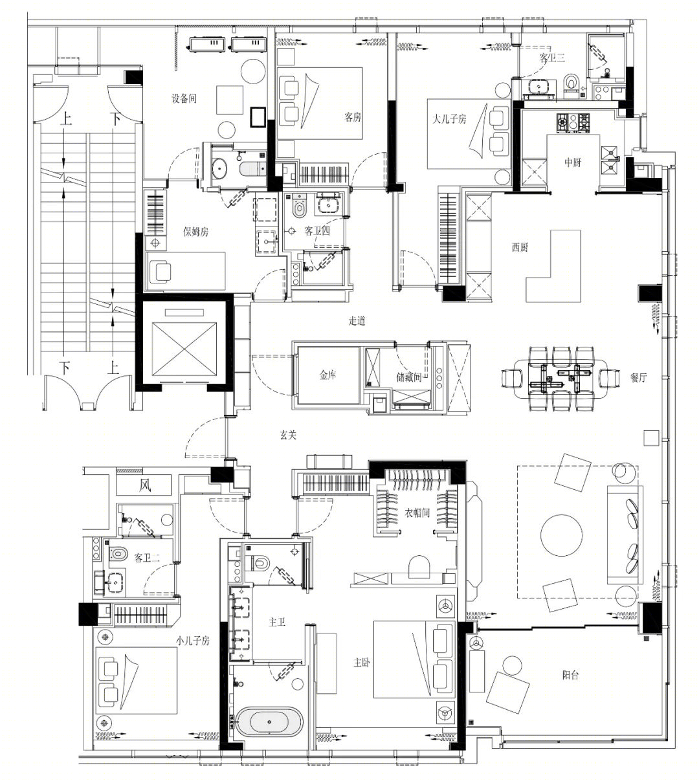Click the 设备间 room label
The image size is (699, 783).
184,98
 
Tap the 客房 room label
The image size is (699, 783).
353,116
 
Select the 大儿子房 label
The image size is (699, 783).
449,118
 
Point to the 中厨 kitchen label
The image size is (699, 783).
573,162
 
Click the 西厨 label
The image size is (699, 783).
520,247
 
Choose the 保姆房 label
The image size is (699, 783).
195,232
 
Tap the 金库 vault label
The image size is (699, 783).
328,375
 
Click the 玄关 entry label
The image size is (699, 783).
288,435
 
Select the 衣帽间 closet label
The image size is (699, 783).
417,513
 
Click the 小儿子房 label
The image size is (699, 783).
193,641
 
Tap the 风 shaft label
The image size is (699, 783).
145,485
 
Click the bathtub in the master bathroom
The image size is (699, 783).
269,722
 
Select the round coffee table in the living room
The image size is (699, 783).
561,535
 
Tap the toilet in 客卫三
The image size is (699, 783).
571,82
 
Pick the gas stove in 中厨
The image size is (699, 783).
573,122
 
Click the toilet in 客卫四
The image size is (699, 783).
299,208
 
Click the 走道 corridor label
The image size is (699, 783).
357,320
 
